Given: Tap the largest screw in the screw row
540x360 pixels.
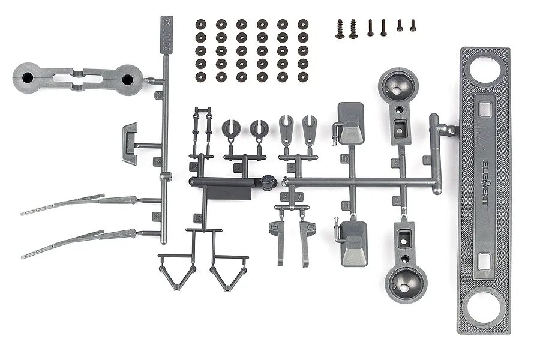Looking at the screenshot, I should pyautogui.click(x=340, y=29).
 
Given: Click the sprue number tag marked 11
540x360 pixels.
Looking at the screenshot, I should pyautogui.click(x=346, y=206).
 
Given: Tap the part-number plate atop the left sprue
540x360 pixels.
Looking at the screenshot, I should pyautogui.click(x=166, y=35).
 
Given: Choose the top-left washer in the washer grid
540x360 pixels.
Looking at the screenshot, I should pyautogui.click(x=200, y=24).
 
